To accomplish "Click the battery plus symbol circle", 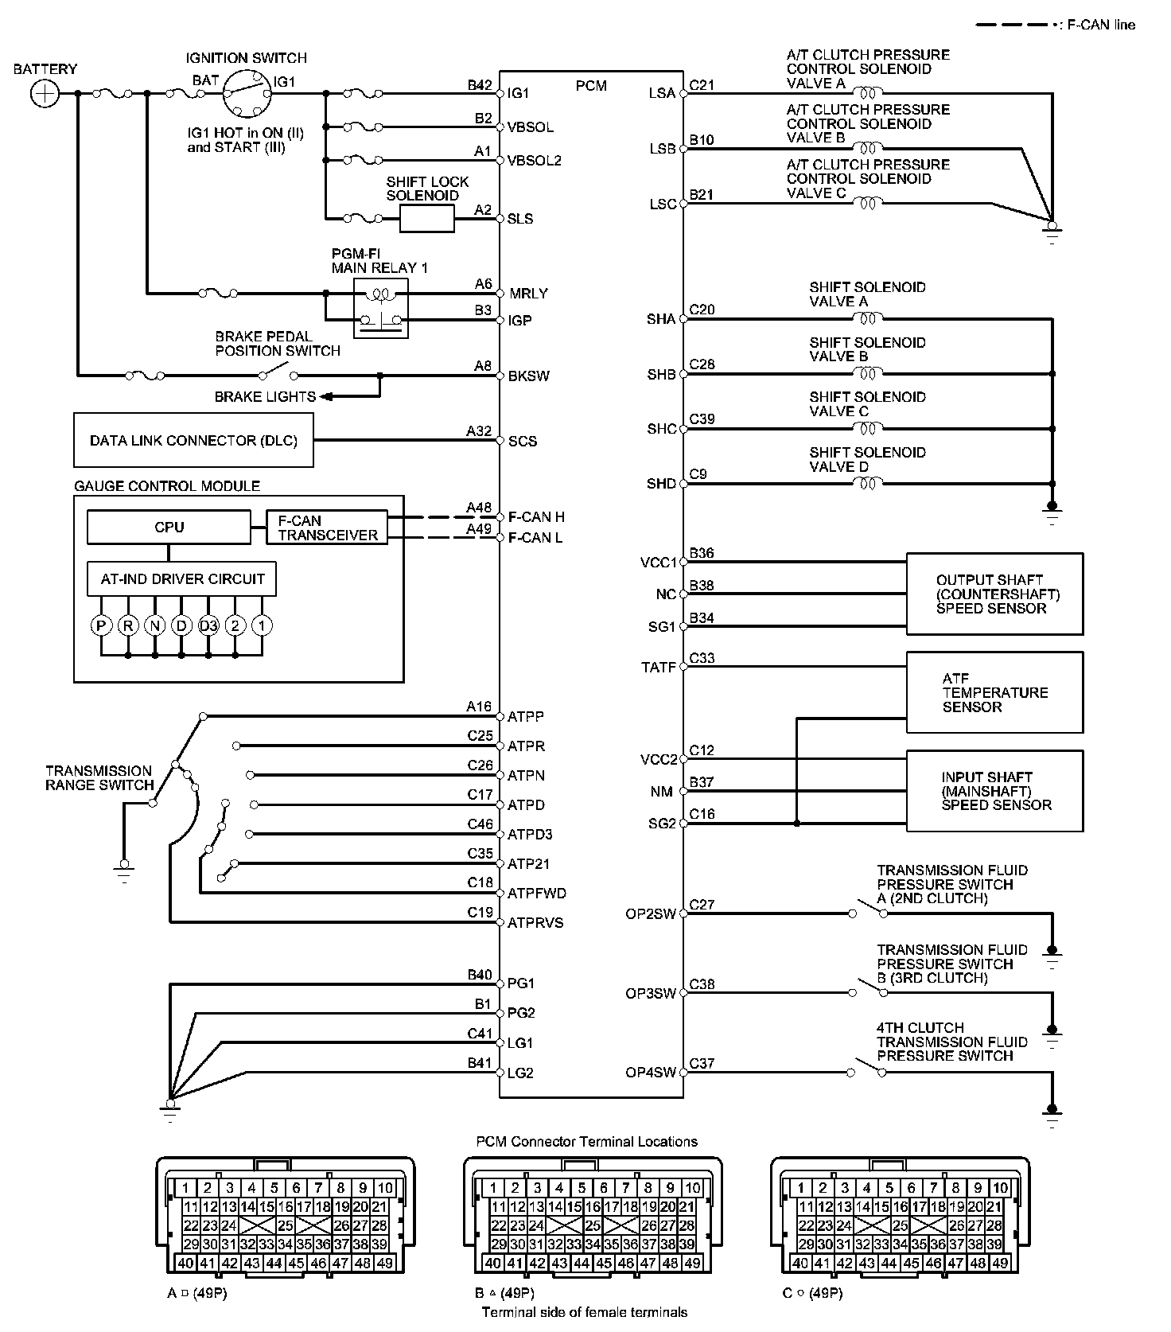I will pos(45,94).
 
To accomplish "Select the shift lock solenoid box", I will pos(426,218).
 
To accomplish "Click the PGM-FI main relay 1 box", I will pos(380,308).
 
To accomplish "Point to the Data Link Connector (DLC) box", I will pos(193,440).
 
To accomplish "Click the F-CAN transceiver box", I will pos(327,528).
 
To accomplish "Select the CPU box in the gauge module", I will pos(169,527).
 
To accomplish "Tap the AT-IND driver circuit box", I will pos(181,578).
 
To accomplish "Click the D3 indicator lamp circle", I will pos(208,625).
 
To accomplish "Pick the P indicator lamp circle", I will pos(101,625).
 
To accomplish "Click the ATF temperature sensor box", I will pos(994,692).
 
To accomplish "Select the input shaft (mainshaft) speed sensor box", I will pos(994,791).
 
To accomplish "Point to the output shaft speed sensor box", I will pos(994,594).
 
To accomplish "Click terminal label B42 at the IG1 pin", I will pos(480,85).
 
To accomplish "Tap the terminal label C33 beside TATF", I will pos(702,658).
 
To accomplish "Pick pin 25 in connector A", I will pos(286,1226).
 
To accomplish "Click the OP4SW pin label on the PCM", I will pos(650,1073).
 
